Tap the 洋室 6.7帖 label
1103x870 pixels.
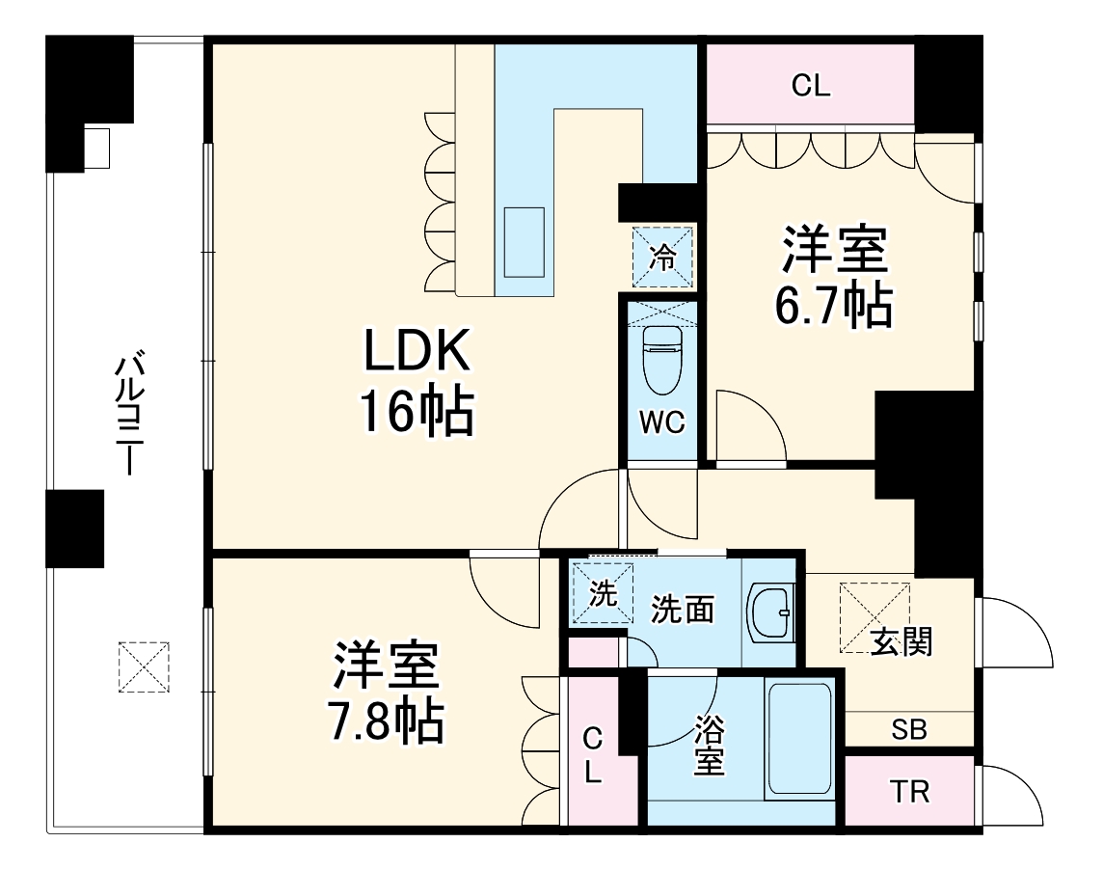[x=834, y=277]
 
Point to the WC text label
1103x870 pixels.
[x=661, y=422]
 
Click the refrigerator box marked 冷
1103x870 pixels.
[x=662, y=257]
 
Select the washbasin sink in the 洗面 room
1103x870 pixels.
[x=771, y=612]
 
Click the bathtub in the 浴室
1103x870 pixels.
[x=799, y=738]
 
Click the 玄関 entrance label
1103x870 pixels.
[x=902, y=641]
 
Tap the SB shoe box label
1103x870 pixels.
[x=908, y=730]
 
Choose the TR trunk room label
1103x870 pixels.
[x=909, y=793]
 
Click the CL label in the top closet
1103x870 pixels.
[x=811, y=86]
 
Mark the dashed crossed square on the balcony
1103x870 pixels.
[x=144, y=666]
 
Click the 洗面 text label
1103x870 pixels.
[x=683, y=610]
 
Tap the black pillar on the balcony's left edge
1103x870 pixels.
[x=75, y=528]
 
